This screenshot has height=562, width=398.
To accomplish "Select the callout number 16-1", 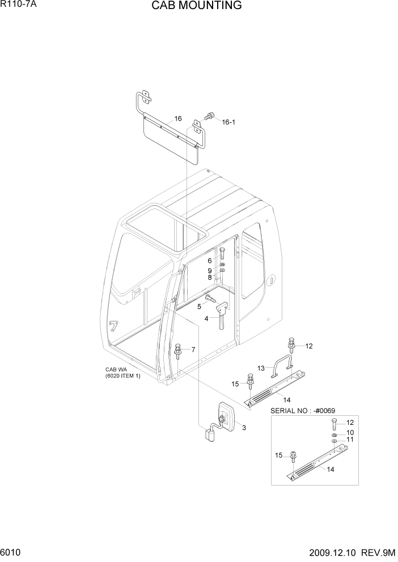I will [x=228, y=122].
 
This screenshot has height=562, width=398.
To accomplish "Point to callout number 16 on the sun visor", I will [x=178, y=119].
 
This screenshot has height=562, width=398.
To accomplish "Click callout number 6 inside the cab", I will [x=209, y=261].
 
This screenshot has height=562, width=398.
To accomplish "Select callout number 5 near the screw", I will [x=199, y=306].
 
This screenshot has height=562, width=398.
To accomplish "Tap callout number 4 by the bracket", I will [x=206, y=318].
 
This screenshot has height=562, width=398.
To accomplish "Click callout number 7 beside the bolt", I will [x=193, y=350].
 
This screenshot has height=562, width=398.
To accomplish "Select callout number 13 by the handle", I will [x=261, y=368].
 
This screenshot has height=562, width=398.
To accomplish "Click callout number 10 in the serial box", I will [x=350, y=432].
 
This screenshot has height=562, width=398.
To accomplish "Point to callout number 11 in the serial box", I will [x=350, y=440].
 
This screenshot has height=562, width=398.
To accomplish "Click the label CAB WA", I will [x=115, y=370].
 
